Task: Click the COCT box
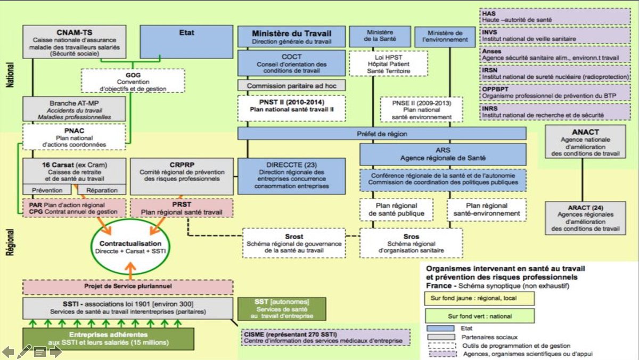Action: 291,63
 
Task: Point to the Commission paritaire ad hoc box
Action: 291,85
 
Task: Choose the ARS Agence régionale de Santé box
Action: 443,154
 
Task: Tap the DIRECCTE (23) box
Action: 291,175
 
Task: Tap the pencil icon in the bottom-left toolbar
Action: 24,350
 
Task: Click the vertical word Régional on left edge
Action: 10,243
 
